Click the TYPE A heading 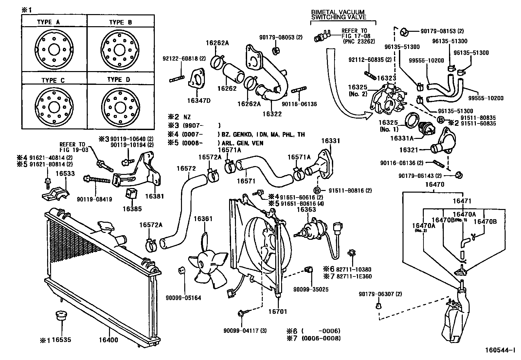click(48, 22)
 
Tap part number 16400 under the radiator click(108, 340)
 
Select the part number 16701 click(278, 312)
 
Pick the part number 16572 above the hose click(186, 168)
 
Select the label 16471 click(462, 201)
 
